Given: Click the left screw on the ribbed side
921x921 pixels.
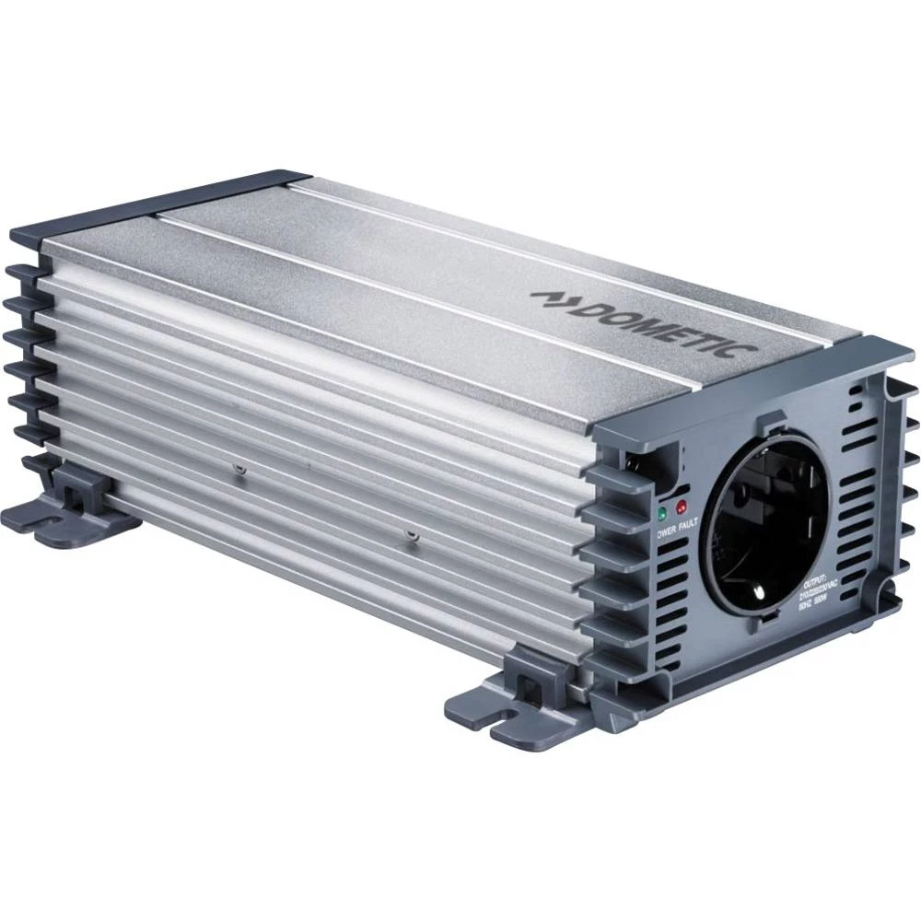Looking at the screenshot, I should (x=239, y=469).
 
